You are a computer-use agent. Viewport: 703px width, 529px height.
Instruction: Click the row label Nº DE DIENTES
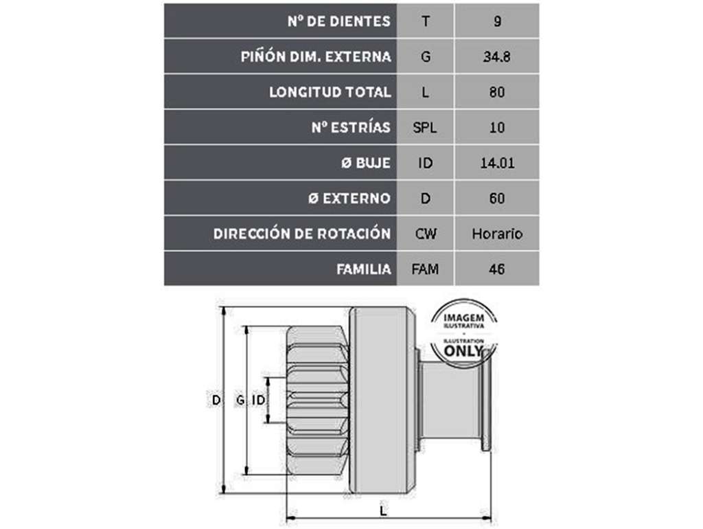pyautogui.click(x=339, y=21)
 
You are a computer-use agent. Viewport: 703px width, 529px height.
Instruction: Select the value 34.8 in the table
pyautogui.click(x=497, y=56)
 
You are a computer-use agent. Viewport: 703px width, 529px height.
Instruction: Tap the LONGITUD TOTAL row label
pyautogui.click(x=330, y=92)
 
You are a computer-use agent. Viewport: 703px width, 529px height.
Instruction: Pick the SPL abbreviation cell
pyautogui.click(x=425, y=127)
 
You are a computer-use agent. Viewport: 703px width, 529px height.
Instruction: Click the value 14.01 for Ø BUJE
pyautogui.click(x=497, y=163)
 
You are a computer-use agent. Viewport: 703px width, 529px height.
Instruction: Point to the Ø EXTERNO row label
pyautogui.click(x=349, y=199)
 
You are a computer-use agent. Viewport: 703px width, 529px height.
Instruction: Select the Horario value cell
pyautogui.click(x=497, y=234)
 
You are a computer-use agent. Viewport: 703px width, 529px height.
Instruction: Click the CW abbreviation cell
pyautogui.click(x=426, y=234)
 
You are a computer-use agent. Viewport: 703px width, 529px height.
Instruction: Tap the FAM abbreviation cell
pyautogui.click(x=425, y=269)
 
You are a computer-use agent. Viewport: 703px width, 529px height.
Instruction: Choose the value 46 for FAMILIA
pyautogui.click(x=497, y=269)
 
